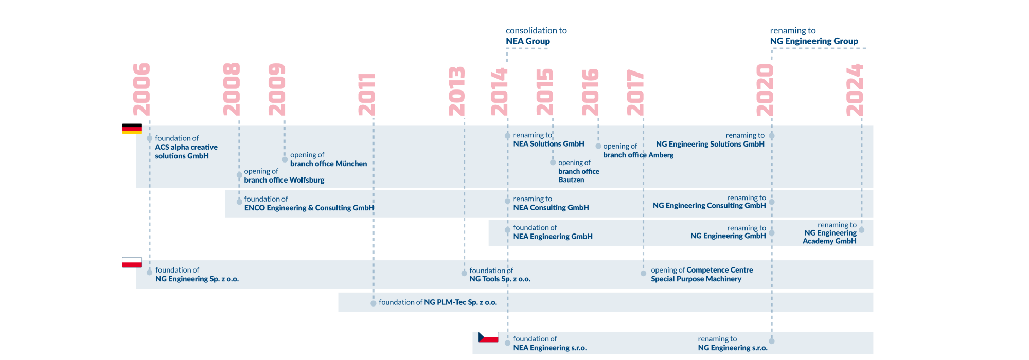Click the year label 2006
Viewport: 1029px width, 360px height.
tap(141, 89)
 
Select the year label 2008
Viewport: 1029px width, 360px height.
tap(232, 89)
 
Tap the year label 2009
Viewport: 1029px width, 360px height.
tap(277, 89)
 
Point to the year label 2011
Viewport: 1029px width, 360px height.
tap(366, 94)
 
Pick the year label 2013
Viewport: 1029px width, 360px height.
tap(457, 91)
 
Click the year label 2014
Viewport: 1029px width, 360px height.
tap(500, 92)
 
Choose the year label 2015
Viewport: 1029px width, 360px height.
tap(545, 92)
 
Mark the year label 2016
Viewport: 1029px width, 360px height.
tap(590, 92)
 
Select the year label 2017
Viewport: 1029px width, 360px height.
tap(635, 93)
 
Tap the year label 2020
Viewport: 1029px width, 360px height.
tap(765, 90)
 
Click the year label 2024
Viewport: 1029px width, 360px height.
tap(855, 90)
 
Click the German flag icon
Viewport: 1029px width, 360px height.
tap(132, 129)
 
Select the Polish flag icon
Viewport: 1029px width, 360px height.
tap(132, 262)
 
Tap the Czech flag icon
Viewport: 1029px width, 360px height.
tap(488, 337)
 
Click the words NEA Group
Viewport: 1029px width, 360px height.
tap(527, 41)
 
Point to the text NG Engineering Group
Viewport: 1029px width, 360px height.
tap(813, 41)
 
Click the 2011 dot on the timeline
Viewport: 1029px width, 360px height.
tap(374, 303)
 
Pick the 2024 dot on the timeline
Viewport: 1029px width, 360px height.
tap(862, 230)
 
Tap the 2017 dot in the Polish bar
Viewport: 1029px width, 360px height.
tap(644, 274)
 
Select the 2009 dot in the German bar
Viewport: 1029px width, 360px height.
tap(285, 159)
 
